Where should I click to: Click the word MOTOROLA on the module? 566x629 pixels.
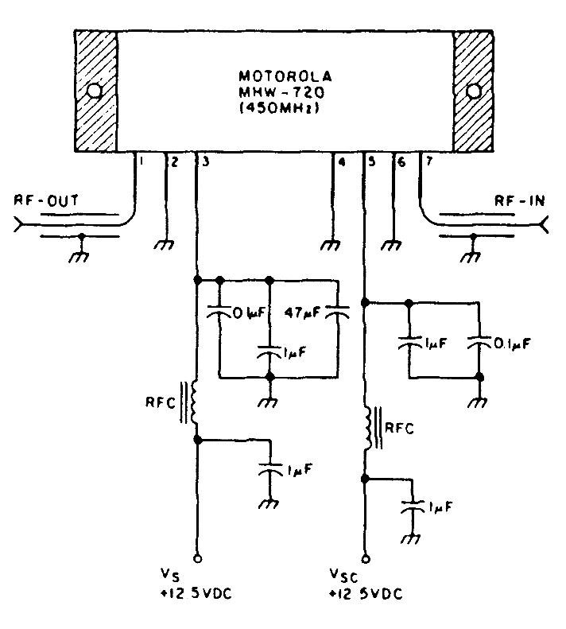tap(285, 78)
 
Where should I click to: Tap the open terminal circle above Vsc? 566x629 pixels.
tap(365, 557)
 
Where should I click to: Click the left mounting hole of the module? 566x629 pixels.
tap(95, 91)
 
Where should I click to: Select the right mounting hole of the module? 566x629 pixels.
tap(474, 91)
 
